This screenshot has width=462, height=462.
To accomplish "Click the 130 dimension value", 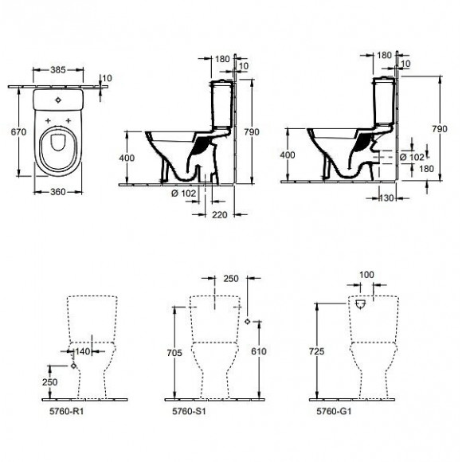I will (388, 198).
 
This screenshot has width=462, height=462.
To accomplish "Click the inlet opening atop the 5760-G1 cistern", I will (361, 303).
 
